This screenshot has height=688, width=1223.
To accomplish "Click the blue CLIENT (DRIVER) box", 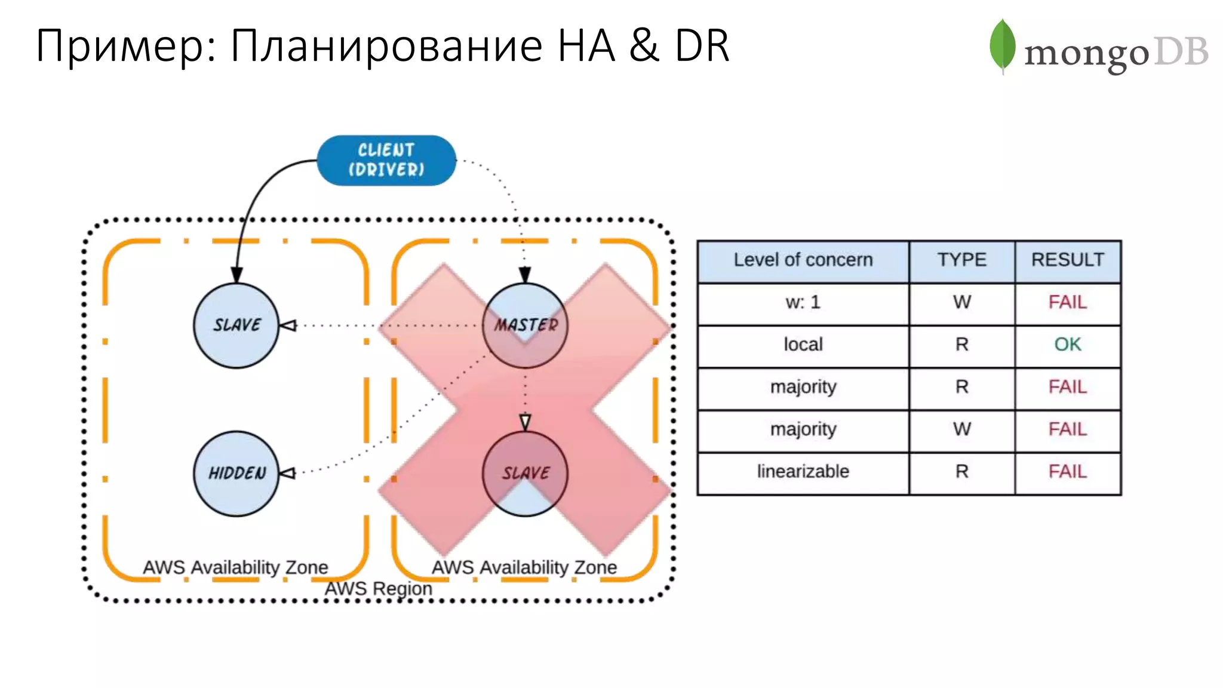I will (386, 160).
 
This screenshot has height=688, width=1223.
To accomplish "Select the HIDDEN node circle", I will (236, 474).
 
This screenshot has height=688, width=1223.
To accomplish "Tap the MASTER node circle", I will (525, 325).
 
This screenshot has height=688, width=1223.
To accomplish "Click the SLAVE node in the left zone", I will (236, 325).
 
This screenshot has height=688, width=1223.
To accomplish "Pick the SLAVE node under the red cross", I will (525, 474).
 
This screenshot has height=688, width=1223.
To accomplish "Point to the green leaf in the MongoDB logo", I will (1002, 45).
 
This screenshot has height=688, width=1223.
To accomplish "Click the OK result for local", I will (1067, 345).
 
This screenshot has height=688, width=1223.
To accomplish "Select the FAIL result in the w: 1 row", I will (1067, 302).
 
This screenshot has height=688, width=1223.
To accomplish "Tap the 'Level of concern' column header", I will (803, 260).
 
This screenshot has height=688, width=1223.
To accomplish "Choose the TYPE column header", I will (961, 260).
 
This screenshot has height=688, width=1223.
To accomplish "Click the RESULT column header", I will (1067, 260).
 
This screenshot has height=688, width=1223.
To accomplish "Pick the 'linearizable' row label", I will (803, 472).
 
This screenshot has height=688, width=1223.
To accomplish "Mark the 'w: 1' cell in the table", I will (803, 302).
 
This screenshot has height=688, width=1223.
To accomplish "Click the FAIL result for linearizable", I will (1067, 472).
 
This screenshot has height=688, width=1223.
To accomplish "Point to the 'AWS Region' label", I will (378, 589).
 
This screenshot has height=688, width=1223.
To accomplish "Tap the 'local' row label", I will (803, 345).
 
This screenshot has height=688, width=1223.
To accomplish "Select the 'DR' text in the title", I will (702, 45).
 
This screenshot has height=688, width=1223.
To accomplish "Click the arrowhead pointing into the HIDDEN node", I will (287, 473).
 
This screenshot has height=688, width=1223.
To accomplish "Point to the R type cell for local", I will (961, 345).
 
